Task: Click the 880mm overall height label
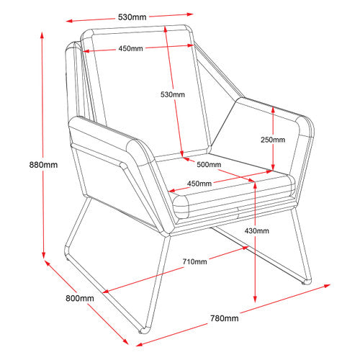43,165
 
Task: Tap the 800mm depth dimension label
80,298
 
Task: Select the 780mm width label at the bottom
225,318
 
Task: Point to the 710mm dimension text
194,261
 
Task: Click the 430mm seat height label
256,231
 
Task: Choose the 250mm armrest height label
273,140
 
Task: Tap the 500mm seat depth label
209,165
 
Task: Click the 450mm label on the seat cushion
199,184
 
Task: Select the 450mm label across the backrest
130,48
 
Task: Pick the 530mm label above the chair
132,17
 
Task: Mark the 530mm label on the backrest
173,94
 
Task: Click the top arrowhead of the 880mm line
42,35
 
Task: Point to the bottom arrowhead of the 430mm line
255,300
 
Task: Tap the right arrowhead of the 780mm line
327,286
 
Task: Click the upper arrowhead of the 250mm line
273,109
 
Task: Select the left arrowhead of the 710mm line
106,292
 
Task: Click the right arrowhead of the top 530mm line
190,14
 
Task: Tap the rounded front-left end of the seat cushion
181,207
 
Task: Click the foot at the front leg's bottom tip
143,330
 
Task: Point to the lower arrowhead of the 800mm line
126,341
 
